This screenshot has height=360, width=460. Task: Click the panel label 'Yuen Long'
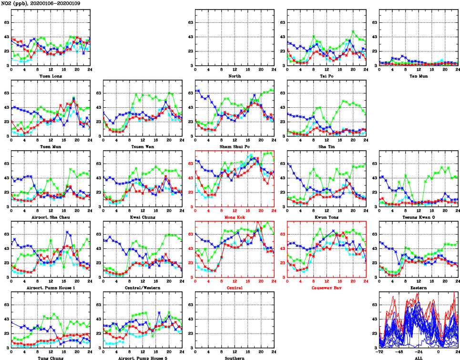pos(50,76)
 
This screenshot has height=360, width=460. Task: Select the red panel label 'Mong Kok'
pos(234,217)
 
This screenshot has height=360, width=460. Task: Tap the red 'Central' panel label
pos(234,288)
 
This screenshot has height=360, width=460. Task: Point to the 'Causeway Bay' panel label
pos(327,288)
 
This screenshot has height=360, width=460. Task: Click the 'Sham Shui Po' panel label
pos(234,146)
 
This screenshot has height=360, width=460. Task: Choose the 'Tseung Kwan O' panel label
pos(418,217)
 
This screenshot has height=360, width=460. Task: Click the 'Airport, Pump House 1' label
pos(50,288)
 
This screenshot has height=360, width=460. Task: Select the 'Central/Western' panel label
pos(142,288)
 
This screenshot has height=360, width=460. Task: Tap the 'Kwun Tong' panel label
pos(327,217)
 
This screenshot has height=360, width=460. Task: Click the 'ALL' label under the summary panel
pos(418,358)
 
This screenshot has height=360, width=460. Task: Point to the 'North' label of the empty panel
pos(234,76)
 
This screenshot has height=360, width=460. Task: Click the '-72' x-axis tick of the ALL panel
pos(379,352)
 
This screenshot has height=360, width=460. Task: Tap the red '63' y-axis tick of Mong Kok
pos(190,164)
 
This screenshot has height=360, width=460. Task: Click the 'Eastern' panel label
pos(418,288)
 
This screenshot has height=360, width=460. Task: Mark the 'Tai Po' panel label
pos(327,76)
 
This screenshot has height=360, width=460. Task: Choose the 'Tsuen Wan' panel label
pos(142,146)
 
